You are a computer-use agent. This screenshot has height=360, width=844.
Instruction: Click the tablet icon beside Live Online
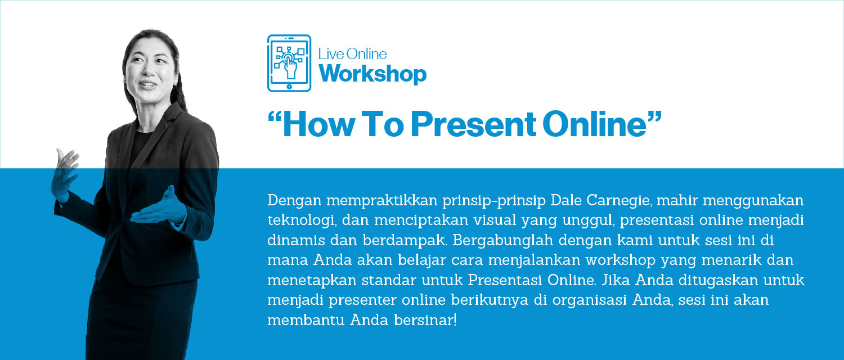pyautogui.click(x=289, y=63)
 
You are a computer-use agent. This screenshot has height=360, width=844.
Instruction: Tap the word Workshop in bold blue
pyautogui.click(x=372, y=74)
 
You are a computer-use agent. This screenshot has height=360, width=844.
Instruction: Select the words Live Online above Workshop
pyautogui.click(x=352, y=54)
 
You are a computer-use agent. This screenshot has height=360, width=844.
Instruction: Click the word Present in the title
pyautogui.click(x=473, y=124)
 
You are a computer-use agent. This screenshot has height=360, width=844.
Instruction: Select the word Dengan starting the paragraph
pyautogui.click(x=294, y=201)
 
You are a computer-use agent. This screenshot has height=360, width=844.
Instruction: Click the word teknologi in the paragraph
pyautogui.click(x=302, y=220)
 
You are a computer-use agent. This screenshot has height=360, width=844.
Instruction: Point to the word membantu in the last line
pyautogui.click(x=306, y=321)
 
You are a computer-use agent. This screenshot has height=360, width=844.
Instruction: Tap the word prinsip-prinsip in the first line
pyautogui.click(x=493, y=201)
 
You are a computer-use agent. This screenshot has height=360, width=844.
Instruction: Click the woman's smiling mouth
pyautogui.click(x=147, y=84)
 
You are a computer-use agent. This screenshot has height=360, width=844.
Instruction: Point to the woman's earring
pyautogui.click(x=175, y=81)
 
